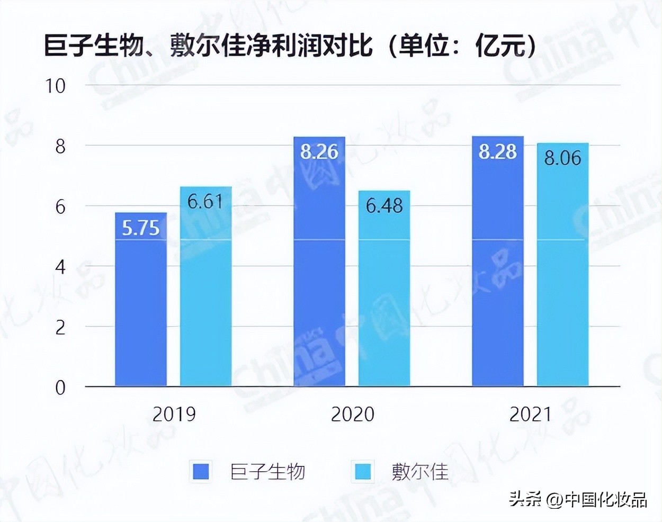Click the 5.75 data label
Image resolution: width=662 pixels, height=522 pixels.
141,228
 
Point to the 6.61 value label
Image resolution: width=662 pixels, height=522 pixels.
205,202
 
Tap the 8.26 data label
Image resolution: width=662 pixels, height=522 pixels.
319,152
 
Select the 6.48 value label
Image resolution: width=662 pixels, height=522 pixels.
384,205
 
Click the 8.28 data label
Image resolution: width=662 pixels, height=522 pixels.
498,152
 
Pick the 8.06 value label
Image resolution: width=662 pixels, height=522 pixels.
563,158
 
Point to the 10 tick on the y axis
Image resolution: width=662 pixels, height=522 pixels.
56,86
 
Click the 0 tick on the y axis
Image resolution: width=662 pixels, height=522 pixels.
60,388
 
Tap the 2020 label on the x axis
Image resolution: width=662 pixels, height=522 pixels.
353,414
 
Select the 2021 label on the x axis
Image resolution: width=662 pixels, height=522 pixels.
531,414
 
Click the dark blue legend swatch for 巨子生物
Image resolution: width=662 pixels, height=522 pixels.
201,471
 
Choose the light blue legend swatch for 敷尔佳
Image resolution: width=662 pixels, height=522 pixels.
363,471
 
